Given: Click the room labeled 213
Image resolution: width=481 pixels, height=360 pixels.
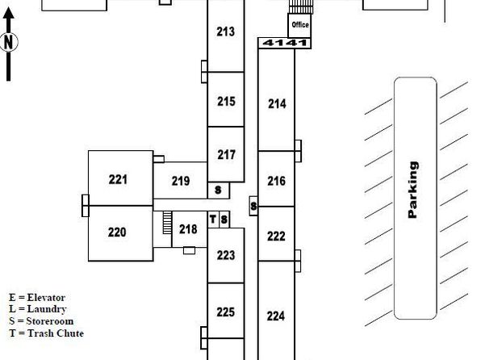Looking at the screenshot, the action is click(226, 36).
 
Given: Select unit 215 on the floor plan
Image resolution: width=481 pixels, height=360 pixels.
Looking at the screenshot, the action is click(226, 99).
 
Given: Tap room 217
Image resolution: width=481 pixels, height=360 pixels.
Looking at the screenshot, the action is click(226, 154).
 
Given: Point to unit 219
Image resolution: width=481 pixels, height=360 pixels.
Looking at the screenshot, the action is click(181, 181).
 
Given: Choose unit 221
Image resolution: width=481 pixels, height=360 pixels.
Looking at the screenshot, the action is click(120, 178).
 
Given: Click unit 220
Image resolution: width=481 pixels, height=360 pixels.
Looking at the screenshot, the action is click(120, 233).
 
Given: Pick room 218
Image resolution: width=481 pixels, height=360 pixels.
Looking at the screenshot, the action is click(190, 229).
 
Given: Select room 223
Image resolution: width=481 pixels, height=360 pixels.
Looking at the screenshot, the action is click(226, 255).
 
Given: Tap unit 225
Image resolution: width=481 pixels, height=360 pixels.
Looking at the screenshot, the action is click(226, 311).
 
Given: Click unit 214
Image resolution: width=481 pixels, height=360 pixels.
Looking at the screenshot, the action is click(276, 100).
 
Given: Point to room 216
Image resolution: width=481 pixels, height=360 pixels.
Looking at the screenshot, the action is click(276, 179).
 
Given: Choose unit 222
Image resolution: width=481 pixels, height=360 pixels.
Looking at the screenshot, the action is click(276, 234).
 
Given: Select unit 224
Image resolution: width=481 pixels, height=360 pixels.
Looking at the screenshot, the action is click(276, 311).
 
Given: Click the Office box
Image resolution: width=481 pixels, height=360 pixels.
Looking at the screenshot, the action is click(299, 26).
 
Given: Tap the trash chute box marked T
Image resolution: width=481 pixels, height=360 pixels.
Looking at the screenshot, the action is click(213, 220).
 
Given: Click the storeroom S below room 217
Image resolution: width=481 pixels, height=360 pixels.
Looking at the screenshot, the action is click(219, 190).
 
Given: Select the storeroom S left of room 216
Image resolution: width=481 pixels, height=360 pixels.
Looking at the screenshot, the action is click(253, 206).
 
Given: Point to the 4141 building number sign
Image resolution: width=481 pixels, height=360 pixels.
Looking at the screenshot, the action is click(285, 43).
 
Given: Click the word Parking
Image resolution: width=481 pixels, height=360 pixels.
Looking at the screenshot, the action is click(413, 190).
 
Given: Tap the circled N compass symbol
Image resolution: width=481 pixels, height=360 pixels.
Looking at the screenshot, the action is click(9, 42).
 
